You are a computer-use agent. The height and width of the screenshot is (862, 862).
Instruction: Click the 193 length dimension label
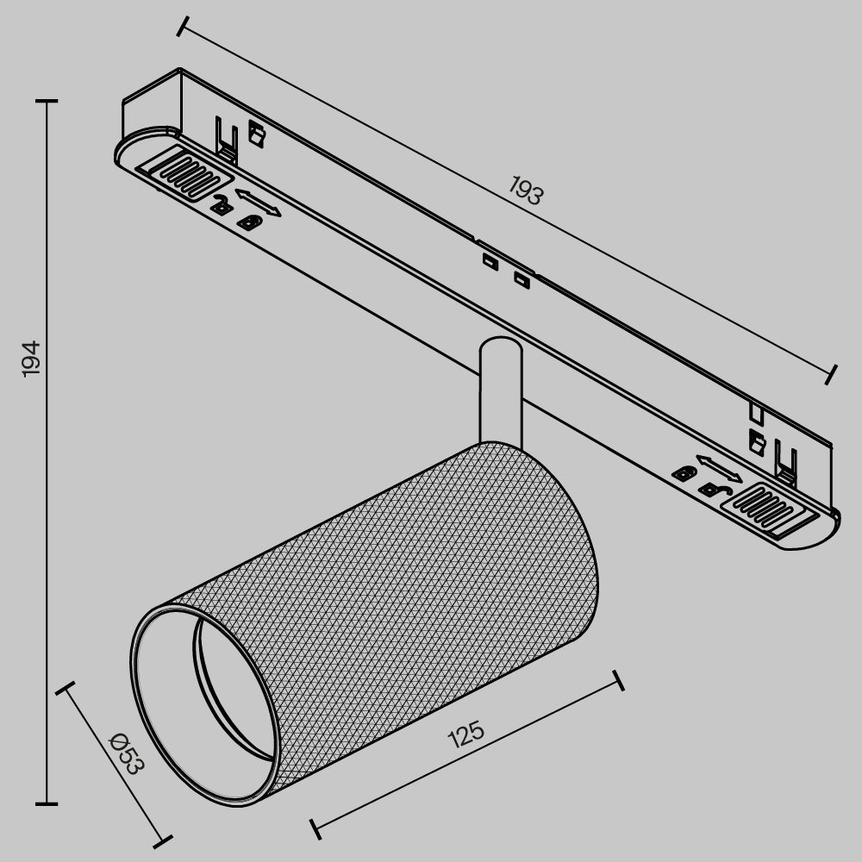(x=525, y=191)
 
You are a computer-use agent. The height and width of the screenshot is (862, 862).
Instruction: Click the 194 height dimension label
(x=31, y=358)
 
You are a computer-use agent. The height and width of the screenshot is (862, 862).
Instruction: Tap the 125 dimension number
(x=466, y=735)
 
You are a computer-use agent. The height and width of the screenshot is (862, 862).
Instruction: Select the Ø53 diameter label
(x=126, y=753)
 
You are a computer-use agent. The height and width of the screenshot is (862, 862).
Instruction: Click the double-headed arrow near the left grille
(x=256, y=202)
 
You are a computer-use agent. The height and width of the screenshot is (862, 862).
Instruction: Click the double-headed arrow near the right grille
(x=717, y=469)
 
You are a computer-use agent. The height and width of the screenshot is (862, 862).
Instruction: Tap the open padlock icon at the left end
(x=222, y=205)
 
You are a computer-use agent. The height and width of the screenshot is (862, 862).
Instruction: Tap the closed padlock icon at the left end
(x=248, y=223)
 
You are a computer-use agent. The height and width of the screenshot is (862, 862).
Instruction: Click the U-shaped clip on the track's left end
(x=227, y=141)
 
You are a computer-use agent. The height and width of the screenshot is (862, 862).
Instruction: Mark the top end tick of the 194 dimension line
(x=47, y=101)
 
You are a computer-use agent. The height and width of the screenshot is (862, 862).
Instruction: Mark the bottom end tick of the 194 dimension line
(x=47, y=803)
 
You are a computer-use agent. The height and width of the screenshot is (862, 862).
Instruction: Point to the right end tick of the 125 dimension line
(x=616, y=681)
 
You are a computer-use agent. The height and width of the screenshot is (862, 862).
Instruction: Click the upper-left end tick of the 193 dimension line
(x=182, y=26)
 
